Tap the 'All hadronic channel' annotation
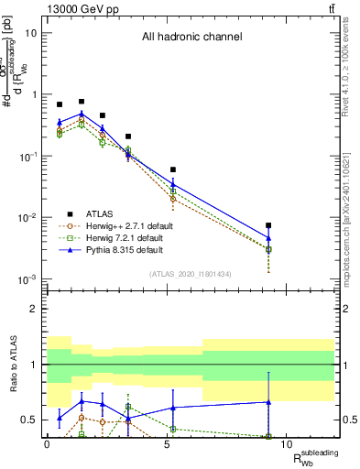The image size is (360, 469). pos(191,38)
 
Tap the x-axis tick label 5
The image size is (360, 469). pos(167,445)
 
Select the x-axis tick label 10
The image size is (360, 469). pos(287,445)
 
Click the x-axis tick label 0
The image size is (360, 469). pos(47,445)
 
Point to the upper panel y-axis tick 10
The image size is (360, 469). pos(30,33)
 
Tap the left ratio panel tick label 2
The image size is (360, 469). pos(34,309)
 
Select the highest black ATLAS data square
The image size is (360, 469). pos(82,102)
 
